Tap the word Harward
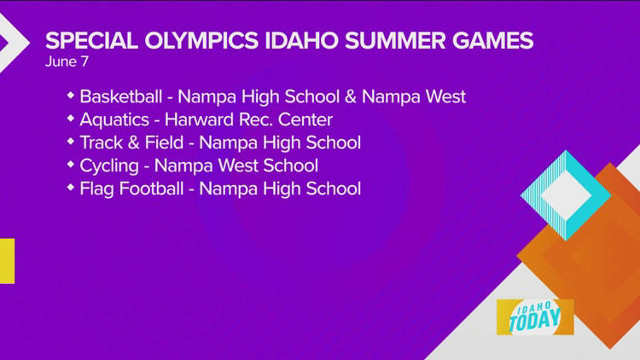(201, 118)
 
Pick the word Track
(101, 142)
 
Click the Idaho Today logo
(534, 316)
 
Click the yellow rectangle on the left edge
(7, 260)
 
